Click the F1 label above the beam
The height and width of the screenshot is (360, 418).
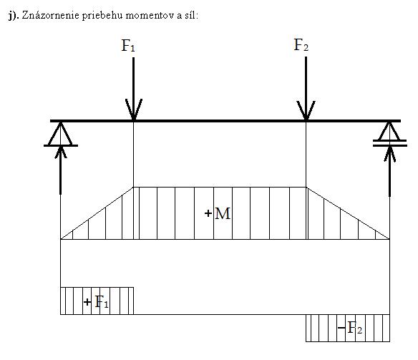click(x=128, y=46)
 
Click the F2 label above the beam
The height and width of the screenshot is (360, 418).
click(x=301, y=45)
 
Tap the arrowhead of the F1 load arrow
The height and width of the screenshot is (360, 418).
click(x=134, y=110)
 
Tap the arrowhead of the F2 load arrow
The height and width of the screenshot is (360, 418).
click(x=306, y=111)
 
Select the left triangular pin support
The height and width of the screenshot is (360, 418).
click(x=61, y=134)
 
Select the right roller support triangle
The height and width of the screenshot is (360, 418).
click(x=390, y=132)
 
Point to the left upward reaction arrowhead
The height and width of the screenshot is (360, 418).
click(x=61, y=152)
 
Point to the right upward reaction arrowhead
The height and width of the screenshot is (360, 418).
click(x=390, y=154)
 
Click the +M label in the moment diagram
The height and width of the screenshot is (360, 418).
click(x=218, y=213)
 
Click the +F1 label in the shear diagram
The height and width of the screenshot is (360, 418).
click(x=96, y=302)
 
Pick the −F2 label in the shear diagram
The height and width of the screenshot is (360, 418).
click(x=350, y=328)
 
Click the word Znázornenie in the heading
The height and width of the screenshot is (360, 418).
click(x=51, y=15)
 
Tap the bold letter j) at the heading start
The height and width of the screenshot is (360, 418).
click(x=14, y=16)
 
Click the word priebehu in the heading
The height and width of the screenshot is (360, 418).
click(x=102, y=16)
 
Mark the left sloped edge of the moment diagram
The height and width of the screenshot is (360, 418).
click(x=97, y=213)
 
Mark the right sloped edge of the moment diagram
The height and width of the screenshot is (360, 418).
click(x=348, y=213)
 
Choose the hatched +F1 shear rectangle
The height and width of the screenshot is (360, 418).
click(x=97, y=301)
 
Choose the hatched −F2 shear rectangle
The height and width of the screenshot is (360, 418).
click(x=348, y=328)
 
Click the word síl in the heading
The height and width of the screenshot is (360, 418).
click(x=191, y=16)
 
